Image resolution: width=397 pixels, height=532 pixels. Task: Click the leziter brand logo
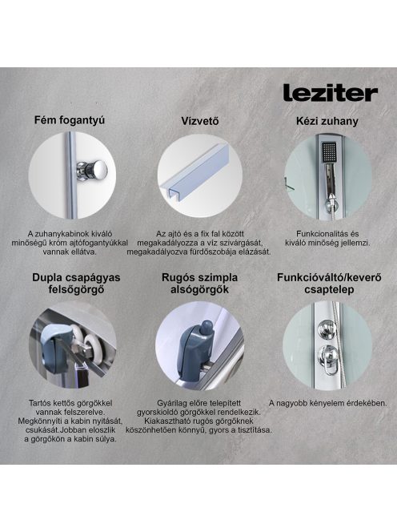click(331, 93)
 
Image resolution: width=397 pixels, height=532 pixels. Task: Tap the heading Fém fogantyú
click(70, 120)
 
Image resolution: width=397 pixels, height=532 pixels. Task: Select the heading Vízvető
click(199, 121)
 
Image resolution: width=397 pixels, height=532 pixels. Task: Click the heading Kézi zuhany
click(327, 121)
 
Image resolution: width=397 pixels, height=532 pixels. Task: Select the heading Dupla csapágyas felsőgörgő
click(76, 284)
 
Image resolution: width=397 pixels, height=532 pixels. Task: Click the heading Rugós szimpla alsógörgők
click(199, 284)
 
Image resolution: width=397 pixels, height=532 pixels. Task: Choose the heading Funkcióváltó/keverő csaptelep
click(329, 284)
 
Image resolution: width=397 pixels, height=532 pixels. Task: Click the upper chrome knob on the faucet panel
click(327, 328)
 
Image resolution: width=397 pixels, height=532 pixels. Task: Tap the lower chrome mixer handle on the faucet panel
click(328, 359)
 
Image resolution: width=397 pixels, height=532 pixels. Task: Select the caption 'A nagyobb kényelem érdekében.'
click(328, 403)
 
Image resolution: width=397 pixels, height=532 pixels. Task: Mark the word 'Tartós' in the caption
click(40, 403)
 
